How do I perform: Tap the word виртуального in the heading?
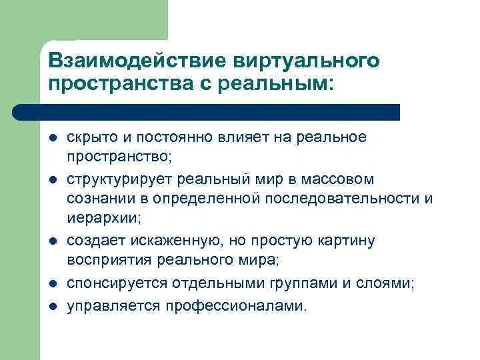(x=306, y=61)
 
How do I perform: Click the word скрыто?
(x=89, y=137)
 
